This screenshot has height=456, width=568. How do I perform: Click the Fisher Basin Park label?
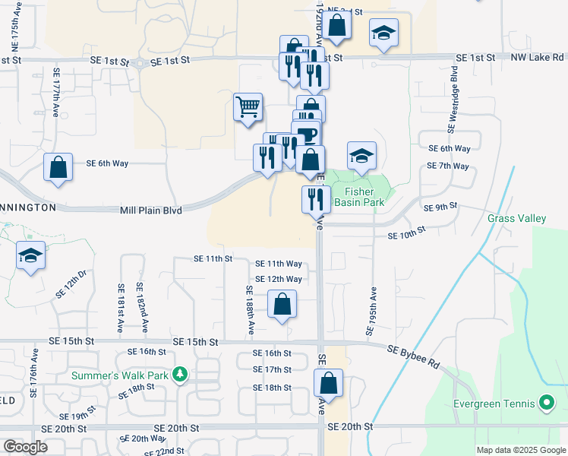pos(364,198)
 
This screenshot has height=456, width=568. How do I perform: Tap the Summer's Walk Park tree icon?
pos(179,375)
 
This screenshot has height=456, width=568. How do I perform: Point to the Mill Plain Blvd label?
pos(151,210)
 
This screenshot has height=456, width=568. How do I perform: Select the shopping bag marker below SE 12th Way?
pos(282,305)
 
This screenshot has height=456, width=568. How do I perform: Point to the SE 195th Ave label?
pos(374,311)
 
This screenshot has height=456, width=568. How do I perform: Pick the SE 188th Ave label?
pos(250,311)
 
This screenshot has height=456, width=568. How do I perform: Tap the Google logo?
pos(25,447)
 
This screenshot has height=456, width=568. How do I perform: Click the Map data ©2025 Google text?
pos(520,450)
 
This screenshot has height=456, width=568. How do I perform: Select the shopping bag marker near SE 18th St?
pos(329,383)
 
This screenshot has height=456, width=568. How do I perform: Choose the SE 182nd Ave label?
pos(142,308)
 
